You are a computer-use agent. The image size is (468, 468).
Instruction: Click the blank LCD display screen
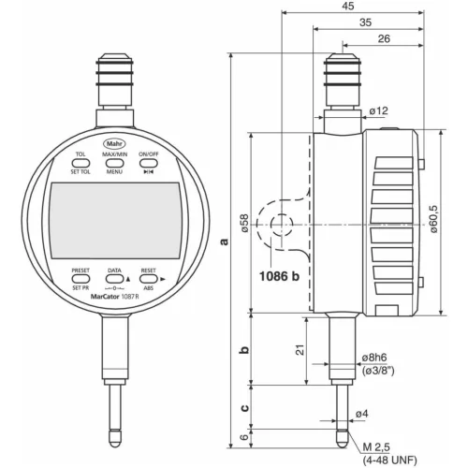(x=114, y=219)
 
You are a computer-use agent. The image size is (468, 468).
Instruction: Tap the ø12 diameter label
(x=377, y=111)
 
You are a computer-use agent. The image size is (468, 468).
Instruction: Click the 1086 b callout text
(x=280, y=276)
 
